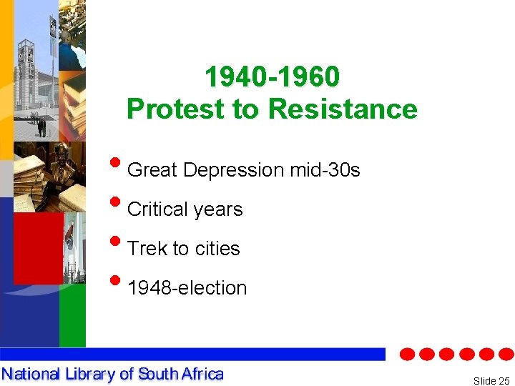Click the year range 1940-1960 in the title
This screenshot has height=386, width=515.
pyautogui.click(x=272, y=76)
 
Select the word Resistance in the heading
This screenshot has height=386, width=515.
pyautogui.click(x=343, y=109)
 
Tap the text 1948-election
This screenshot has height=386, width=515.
pyautogui.click(x=187, y=288)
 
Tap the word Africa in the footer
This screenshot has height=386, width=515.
pyautogui.click(x=202, y=374)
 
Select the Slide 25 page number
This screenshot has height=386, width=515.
pyautogui.click(x=491, y=381)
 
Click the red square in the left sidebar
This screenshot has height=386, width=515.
pyautogui.click(x=38, y=247)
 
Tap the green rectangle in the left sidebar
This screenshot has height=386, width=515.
pyautogui.click(x=72, y=315)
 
